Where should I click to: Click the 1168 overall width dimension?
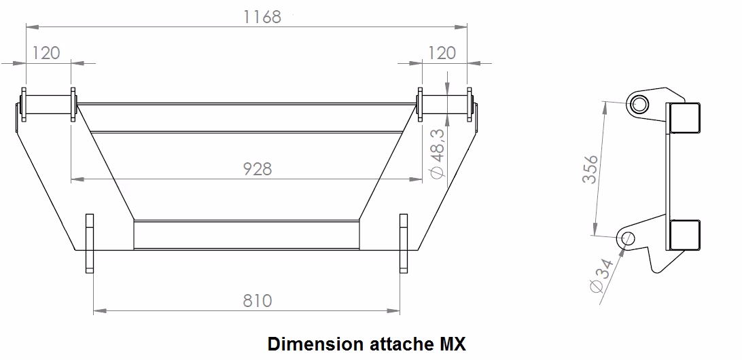pyautogui.click(x=262, y=17)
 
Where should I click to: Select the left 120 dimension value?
pyautogui.click(x=46, y=52)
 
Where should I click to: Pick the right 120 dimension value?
pyautogui.click(x=442, y=52)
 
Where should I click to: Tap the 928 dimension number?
pyautogui.click(x=258, y=168)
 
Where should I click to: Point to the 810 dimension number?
pyautogui.click(x=258, y=300)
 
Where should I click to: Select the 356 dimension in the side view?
pyautogui.click(x=590, y=169)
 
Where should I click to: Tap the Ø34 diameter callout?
pyautogui.click(x=603, y=276)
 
